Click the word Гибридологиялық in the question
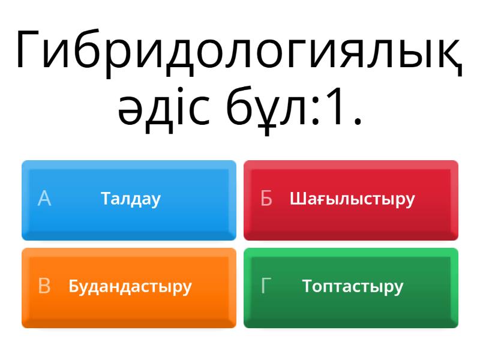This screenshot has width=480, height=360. pos(239,50)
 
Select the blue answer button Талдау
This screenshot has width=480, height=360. pos(129,200)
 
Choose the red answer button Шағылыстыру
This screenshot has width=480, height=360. pos(351,200)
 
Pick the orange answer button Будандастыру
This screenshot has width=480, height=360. pos(129,287)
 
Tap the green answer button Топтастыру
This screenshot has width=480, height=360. pos(351,287)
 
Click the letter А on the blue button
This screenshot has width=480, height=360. pos(44,199)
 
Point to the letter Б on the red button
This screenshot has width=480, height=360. pos(266,199)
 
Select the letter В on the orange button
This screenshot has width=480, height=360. pos(44,286)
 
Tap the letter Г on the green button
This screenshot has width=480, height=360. pos(266,286)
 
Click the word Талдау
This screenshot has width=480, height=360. pos(131,199)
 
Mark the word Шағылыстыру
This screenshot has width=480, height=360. pos(352,199)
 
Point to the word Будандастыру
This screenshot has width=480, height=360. pos(130,287)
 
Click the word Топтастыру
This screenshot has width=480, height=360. pos(353,287)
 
